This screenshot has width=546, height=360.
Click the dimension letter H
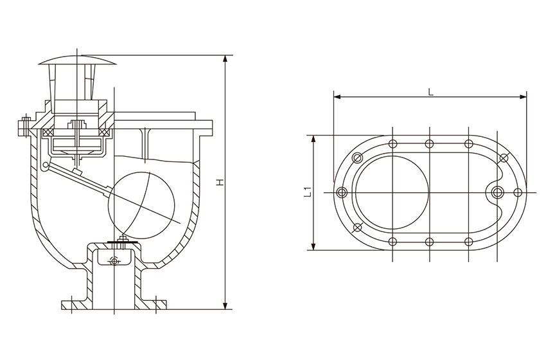coord(220,183)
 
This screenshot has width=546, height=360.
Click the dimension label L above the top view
coord(430,91)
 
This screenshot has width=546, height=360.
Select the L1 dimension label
coord(307,192)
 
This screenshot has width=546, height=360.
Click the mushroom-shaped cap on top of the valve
coord(78,62)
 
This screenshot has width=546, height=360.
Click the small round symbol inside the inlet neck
coord(114,260)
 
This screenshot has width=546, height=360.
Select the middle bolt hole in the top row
coord(430,143)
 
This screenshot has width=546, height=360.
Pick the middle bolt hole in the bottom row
coord(430,242)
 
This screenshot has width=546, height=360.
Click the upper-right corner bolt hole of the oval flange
coord(504,158)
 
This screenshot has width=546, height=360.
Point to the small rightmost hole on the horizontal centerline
coord(518,192)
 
